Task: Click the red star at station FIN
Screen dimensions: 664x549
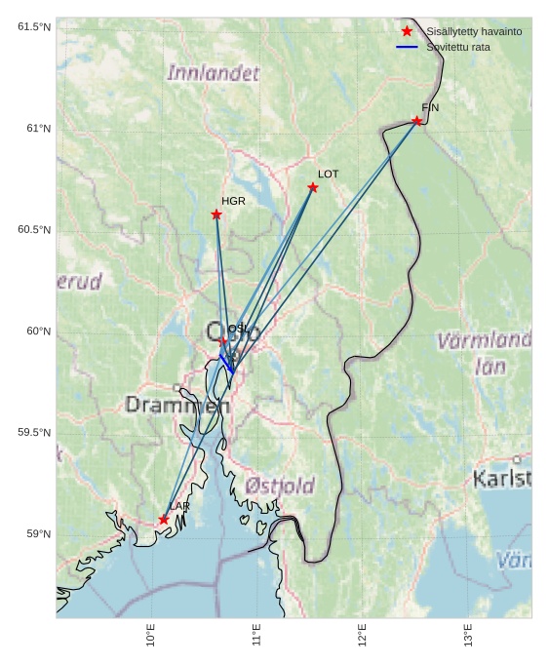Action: coord(416,121)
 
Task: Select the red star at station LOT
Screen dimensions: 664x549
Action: coord(313,187)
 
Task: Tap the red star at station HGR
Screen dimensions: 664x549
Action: coord(216,215)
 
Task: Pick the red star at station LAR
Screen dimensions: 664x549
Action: coord(164,520)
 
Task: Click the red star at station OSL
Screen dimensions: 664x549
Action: coord(223,341)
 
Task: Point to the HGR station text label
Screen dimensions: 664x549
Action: coord(233,201)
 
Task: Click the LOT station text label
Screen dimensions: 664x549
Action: coord(328,174)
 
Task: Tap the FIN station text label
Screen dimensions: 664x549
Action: coord(430,107)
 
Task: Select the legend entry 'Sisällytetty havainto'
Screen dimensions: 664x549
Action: coord(474,31)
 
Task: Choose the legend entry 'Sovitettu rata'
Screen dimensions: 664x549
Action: coord(457,47)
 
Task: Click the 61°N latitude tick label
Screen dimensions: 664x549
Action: coord(34,129)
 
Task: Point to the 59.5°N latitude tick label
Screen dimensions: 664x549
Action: coord(34,433)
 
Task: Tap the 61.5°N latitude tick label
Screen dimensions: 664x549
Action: coord(34,27)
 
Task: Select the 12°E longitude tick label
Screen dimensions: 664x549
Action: coord(363,635)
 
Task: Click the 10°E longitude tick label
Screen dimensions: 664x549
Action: coord(151,635)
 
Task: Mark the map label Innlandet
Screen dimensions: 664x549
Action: coord(214,73)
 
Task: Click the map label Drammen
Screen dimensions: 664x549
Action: coord(176,405)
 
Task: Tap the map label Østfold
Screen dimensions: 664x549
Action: coord(280,486)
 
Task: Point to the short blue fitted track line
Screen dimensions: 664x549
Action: coord(226,363)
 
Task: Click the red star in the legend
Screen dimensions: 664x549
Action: coord(407,31)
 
